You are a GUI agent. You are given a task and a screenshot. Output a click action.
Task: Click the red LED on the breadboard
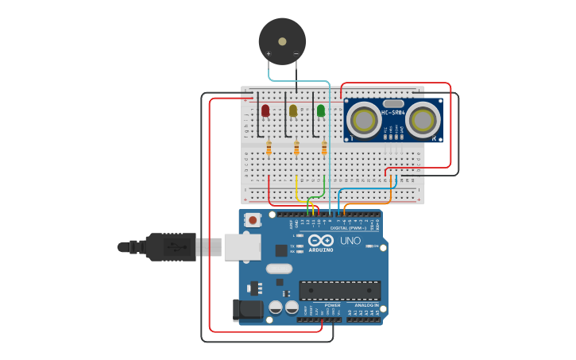coord(265,110)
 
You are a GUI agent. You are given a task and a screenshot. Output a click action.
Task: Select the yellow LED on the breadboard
coord(293,110)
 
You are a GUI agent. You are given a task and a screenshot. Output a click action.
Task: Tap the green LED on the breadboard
coord(321,110)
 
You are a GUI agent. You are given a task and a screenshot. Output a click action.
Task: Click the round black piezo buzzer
coord(282,41)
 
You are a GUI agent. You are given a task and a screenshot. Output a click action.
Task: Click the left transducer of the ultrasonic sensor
coord(365,121)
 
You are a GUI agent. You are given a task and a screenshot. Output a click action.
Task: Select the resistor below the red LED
coord(269,148)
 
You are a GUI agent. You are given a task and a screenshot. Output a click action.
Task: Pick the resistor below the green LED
coord(324,148)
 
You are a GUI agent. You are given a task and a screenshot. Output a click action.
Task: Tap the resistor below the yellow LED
coord(296,148)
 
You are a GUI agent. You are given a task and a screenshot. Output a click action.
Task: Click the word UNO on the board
coord(350,241)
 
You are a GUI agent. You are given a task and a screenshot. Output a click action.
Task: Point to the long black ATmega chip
coord(339,291)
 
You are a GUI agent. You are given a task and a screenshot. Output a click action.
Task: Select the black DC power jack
coord(245,311)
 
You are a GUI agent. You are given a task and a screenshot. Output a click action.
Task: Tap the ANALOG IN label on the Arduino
coord(365,305)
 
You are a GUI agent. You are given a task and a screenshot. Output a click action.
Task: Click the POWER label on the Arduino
coord(333,305)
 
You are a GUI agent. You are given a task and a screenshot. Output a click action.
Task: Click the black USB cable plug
coord(171,246)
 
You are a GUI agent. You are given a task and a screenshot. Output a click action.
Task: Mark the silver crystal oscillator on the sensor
coord(393,103)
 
